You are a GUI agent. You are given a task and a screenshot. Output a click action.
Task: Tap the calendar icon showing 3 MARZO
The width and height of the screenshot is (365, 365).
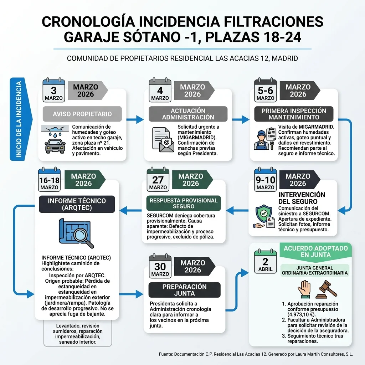point(53,90)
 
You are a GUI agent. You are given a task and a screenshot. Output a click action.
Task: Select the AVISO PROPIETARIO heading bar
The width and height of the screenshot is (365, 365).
point(82,114)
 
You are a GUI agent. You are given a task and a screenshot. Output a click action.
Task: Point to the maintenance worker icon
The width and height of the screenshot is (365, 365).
point(262,139)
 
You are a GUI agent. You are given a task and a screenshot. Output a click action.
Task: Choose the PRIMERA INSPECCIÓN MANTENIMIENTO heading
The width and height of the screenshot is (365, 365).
point(294,114)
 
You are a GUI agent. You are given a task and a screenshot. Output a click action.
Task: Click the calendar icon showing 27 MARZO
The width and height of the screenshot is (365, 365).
point(158,179)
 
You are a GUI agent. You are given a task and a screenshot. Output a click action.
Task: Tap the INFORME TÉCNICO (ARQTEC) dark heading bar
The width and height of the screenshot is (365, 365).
point(77,204)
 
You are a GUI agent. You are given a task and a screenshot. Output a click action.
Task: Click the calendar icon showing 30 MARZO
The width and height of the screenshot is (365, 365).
point(160,266)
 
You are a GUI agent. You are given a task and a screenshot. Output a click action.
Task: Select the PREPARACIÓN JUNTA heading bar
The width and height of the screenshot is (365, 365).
point(185,290)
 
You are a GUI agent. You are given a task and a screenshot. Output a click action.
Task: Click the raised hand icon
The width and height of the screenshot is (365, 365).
point(305,289)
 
